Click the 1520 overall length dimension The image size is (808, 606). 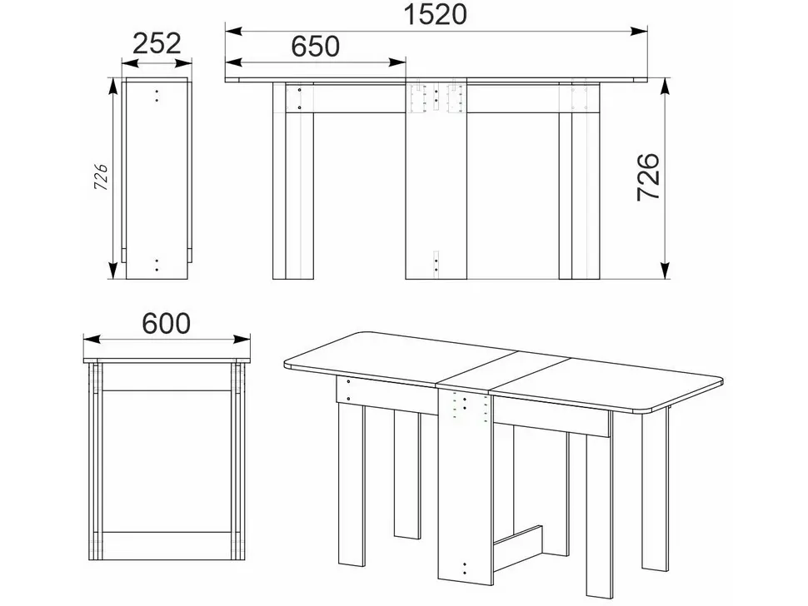(436, 14)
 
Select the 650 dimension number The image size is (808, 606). (316, 46)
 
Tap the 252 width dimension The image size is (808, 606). (157, 43)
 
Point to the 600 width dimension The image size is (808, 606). (167, 323)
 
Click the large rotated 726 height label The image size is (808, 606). (648, 176)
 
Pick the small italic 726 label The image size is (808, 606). (101, 177)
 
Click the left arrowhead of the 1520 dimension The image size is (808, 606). (233, 31)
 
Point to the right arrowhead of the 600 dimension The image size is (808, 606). (242, 340)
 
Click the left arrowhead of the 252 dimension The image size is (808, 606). (130, 63)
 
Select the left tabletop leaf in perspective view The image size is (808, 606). (401, 358)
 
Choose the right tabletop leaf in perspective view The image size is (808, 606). (608, 385)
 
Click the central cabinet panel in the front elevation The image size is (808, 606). (436, 180)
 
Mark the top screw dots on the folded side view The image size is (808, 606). (157, 96)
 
